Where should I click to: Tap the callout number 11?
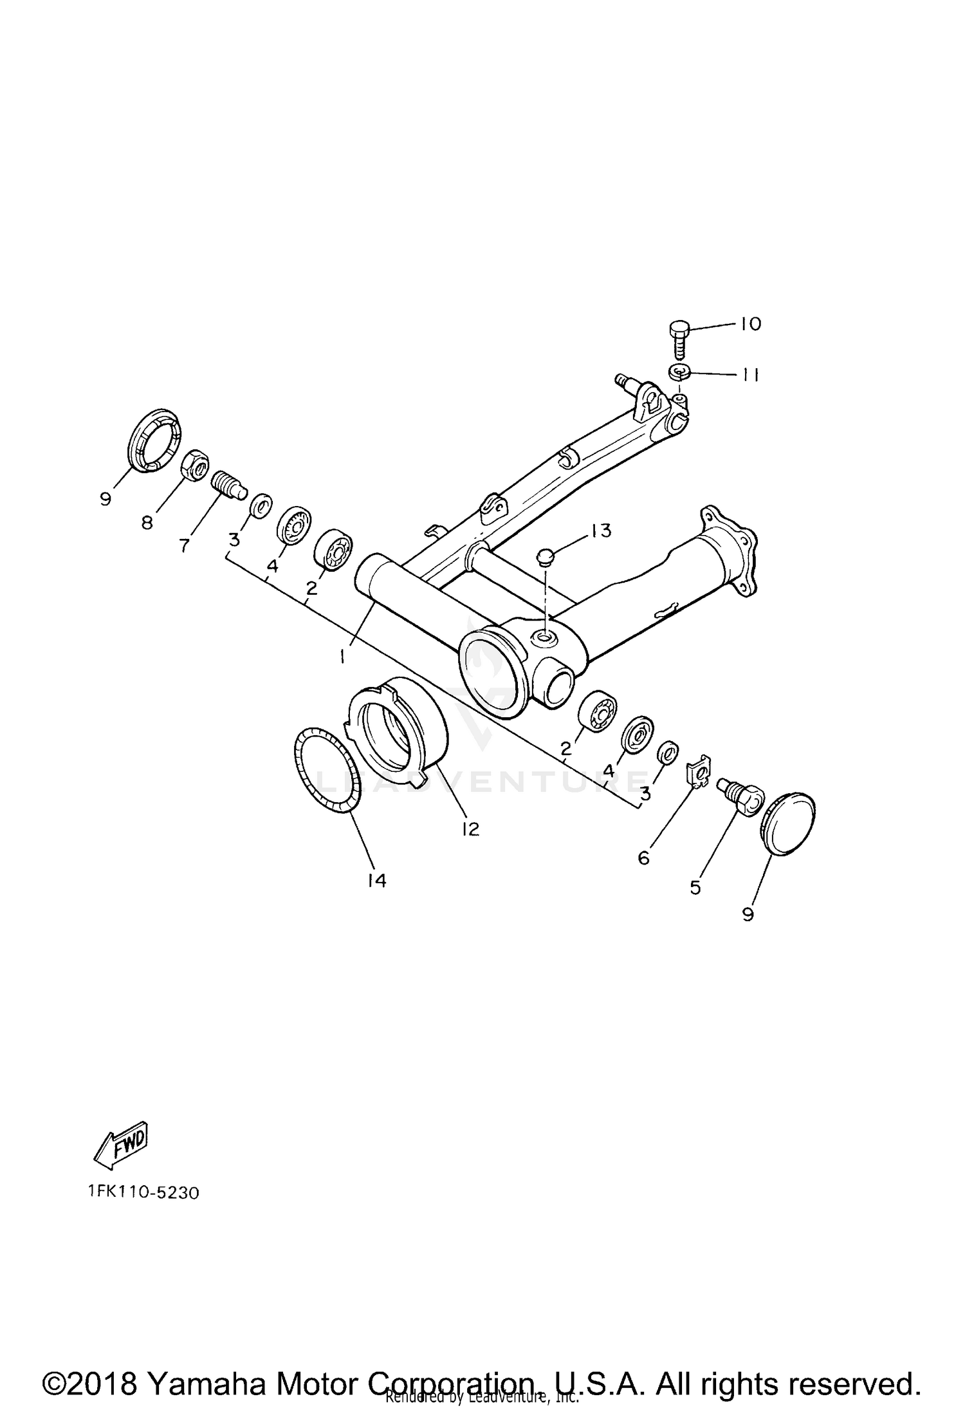tap(748, 375)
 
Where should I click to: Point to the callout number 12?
tap(470, 829)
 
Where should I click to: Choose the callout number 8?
tap(147, 523)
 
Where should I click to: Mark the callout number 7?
tap(185, 545)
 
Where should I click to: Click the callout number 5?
tap(695, 887)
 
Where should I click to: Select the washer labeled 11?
tap(679, 371)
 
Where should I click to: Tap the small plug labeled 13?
tap(546, 556)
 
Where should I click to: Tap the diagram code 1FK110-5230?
tap(144, 1193)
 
